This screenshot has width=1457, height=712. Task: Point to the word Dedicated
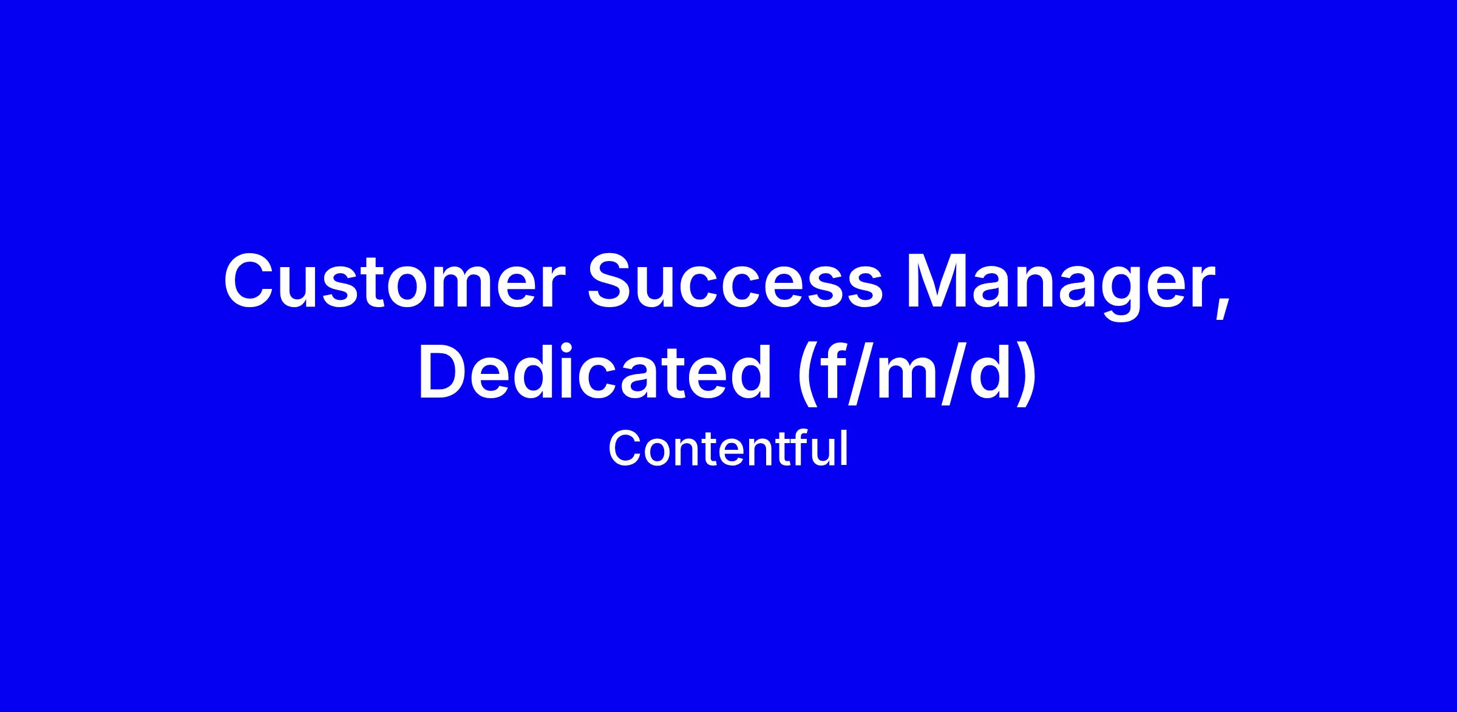click(x=594, y=371)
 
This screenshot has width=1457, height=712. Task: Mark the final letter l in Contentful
click(x=844, y=448)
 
